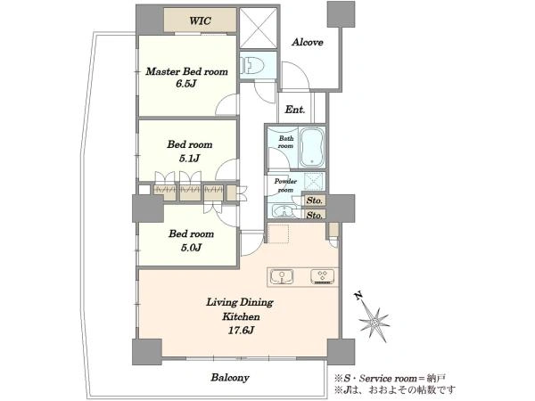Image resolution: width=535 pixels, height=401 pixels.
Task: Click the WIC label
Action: coord(201,20)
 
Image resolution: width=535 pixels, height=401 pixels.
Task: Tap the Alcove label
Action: coord(308,42)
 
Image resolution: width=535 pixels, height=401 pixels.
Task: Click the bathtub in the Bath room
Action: coord(312,148)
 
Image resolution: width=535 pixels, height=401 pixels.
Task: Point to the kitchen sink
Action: coord(282,276)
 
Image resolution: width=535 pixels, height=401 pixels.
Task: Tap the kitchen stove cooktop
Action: coord(323,276)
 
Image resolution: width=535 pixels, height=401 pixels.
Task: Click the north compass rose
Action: coord(374,322)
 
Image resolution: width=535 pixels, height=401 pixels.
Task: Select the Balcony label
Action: coord(230,378)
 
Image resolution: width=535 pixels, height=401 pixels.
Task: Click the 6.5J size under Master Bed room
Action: coord(186,84)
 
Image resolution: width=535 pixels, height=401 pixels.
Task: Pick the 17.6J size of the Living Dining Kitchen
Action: coord(242,330)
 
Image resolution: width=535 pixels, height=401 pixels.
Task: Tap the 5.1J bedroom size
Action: coord(189,158)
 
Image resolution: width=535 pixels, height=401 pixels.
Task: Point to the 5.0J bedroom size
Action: coord(191,247)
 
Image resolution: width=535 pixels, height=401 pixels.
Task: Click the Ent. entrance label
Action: coord(295,110)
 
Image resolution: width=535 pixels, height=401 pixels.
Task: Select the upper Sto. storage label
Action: coord(314,200)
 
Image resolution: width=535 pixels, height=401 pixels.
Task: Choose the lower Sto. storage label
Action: coord(314,215)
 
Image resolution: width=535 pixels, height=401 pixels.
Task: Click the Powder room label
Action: coord(285,185)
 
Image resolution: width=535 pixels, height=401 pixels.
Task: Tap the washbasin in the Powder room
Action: coord(282,211)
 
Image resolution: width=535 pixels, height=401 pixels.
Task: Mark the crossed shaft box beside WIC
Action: coord(258,28)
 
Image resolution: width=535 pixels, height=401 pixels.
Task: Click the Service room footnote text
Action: coord(390,378)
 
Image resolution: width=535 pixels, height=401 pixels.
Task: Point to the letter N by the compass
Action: coord(358,295)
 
